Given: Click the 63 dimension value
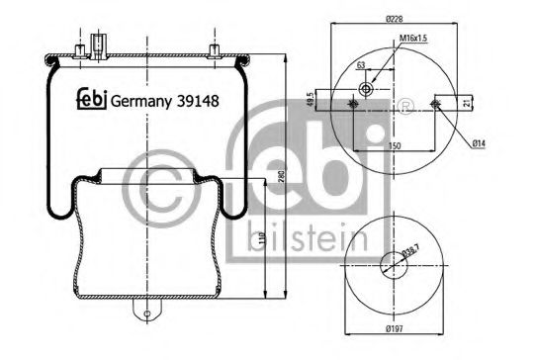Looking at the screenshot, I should coord(361,65).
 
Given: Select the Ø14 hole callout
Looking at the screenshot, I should coord(478,144).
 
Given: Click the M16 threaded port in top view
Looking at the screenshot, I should coord(368,90).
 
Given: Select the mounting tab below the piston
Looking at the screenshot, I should coord(147,313).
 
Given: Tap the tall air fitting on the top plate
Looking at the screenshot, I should coord(96,45).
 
